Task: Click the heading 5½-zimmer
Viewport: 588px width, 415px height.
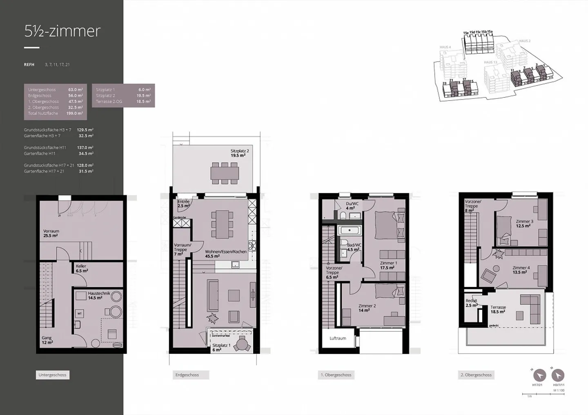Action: (x=62, y=31)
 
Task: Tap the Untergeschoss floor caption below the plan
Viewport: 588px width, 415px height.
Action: (x=52, y=375)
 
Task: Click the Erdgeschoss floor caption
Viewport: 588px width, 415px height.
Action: (x=187, y=375)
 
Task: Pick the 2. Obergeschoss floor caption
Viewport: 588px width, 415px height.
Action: (x=476, y=375)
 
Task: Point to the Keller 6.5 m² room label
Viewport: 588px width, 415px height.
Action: (x=81, y=268)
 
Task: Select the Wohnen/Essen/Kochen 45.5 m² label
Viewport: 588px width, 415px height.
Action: (x=225, y=254)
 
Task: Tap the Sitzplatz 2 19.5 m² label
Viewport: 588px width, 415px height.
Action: (x=239, y=153)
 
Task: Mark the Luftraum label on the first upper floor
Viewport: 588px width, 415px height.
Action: (x=338, y=338)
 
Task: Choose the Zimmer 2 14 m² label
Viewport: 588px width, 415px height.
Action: (x=367, y=308)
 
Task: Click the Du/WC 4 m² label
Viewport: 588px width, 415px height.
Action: (x=352, y=206)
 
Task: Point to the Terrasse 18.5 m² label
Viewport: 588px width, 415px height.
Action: (x=498, y=309)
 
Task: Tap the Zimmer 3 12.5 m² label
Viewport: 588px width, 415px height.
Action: (x=524, y=223)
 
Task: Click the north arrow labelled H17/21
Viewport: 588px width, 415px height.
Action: (x=539, y=375)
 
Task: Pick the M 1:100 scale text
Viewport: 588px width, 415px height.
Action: (x=559, y=391)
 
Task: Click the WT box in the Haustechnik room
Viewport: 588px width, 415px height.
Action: (x=80, y=313)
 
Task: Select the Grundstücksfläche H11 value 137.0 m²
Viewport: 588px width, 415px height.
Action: (x=85, y=148)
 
